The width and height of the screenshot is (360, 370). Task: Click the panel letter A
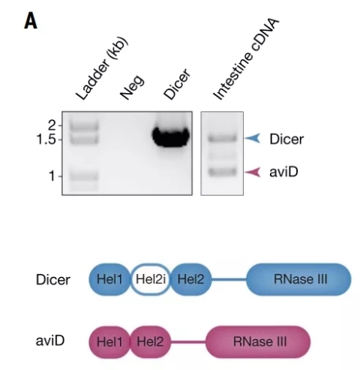click(x=31, y=21)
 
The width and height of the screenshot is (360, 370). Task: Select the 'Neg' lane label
click(x=132, y=87)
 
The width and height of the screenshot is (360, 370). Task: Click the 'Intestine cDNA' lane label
click(x=246, y=59)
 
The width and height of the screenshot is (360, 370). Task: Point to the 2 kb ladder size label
click(x=52, y=125)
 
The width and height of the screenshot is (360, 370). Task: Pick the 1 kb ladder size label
click(x=52, y=176)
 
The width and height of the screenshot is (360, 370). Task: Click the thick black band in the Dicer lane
click(x=171, y=137)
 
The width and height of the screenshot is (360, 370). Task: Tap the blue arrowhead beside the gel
click(x=252, y=138)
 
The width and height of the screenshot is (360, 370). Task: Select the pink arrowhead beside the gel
click(x=253, y=172)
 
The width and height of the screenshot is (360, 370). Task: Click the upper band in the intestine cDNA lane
click(x=222, y=138)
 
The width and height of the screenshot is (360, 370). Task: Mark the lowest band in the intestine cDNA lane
click(x=223, y=172)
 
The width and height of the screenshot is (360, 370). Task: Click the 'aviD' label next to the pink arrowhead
click(x=283, y=172)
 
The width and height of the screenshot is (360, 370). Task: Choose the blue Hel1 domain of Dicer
click(x=109, y=279)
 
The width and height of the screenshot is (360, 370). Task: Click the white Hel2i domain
click(x=151, y=279)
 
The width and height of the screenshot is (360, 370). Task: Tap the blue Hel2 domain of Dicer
click(x=191, y=279)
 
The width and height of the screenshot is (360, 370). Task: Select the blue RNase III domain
click(x=298, y=279)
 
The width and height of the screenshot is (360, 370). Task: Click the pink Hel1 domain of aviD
click(x=109, y=341)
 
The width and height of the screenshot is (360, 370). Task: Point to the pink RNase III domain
click(x=258, y=341)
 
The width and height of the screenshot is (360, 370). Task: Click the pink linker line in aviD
click(x=188, y=341)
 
